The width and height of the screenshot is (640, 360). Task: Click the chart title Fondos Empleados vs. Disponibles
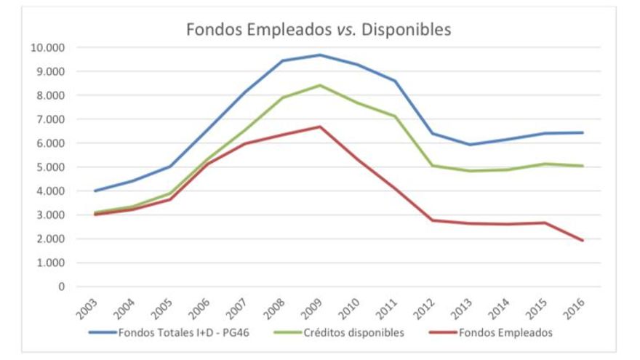pos(319,30)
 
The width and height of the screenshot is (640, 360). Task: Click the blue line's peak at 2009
pos(320,55)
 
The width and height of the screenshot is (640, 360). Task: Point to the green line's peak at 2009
pos(320,85)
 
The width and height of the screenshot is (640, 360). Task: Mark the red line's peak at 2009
pos(320,127)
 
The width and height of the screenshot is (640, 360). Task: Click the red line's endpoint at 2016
pos(583,240)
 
